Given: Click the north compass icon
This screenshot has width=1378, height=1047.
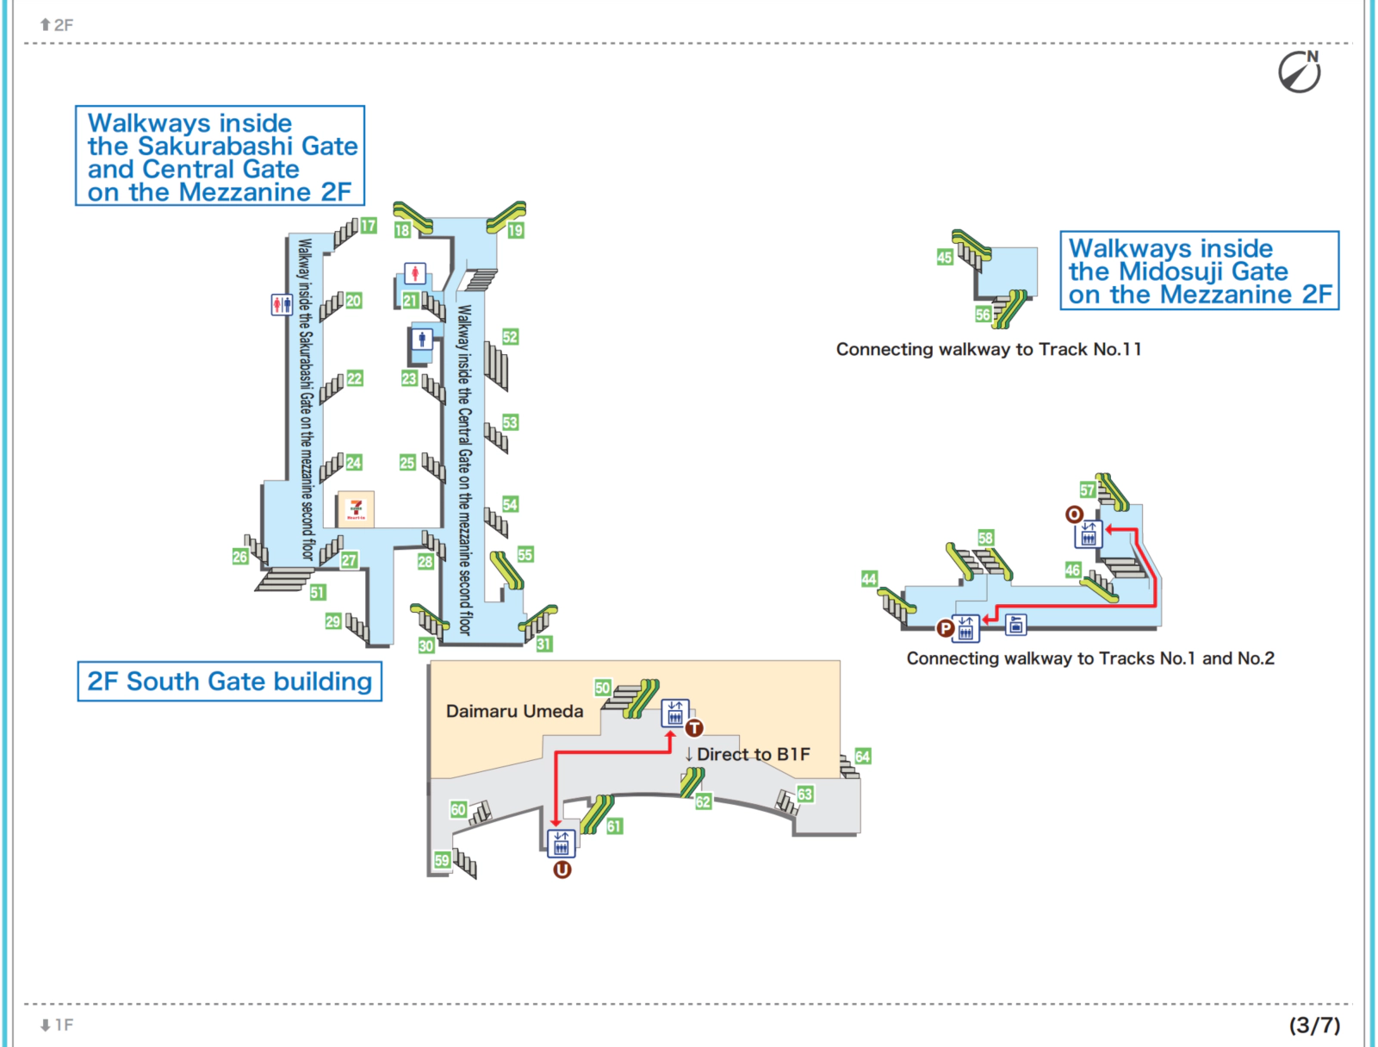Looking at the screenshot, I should [1299, 72].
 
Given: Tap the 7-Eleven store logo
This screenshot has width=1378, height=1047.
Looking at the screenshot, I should [356, 508].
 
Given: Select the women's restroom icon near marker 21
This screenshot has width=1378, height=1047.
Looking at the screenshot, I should [415, 274].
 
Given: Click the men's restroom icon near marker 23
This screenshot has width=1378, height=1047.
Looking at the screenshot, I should [422, 339].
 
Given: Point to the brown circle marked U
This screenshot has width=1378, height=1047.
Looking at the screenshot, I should [562, 869].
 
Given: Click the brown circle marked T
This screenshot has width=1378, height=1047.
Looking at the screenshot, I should [694, 728].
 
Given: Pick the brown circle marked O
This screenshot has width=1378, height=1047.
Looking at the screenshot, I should [1074, 514].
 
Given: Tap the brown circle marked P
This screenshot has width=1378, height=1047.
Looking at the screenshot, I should [945, 628].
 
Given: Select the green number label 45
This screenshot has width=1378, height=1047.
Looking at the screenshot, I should [945, 257].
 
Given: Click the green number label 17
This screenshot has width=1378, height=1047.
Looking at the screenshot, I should [369, 226].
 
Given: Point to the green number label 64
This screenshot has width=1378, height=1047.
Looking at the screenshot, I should [863, 757].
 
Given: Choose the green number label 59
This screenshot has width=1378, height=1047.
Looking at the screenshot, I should [442, 860].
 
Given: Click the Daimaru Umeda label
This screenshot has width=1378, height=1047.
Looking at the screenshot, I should [514, 711].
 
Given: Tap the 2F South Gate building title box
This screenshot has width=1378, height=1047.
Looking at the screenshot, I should [229, 682].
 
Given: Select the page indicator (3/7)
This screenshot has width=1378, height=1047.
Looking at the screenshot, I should [1314, 1025].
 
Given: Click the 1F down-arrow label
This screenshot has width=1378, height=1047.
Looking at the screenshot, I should [57, 1025].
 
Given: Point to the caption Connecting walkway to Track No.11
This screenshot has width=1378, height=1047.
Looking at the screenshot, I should [988, 349].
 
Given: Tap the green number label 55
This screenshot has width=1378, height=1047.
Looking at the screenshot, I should [525, 555].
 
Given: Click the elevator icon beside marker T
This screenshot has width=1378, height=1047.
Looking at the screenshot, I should [674, 714].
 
